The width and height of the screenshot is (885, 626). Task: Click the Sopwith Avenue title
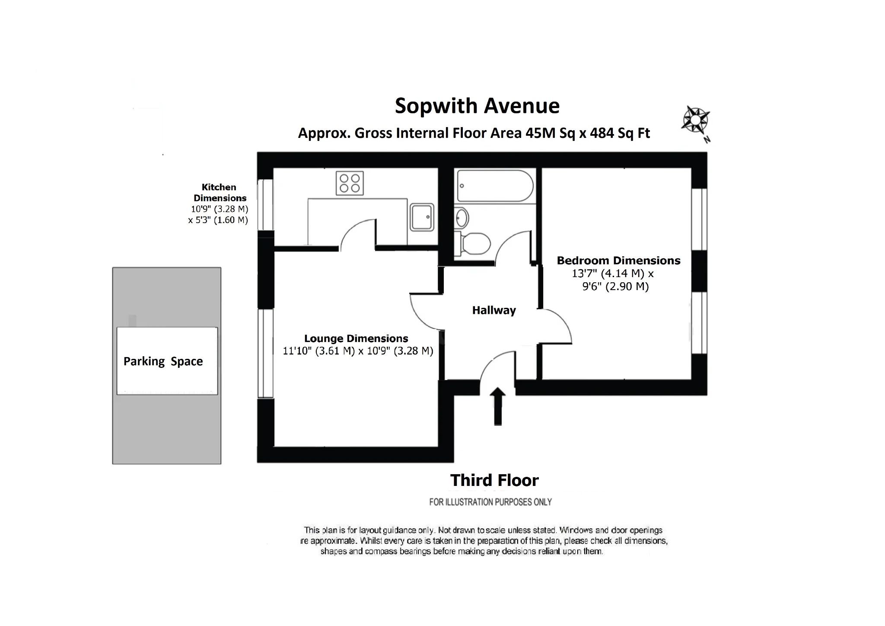pos(477,106)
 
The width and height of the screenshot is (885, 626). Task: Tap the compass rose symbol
pos(695,119)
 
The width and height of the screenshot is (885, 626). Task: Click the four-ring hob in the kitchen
pos(350,183)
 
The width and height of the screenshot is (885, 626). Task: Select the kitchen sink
pos(422,217)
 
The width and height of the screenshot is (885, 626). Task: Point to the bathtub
pos(495,186)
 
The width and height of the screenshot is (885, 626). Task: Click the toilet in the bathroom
pos(475,244)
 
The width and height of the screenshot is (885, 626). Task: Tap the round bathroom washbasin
pos(462,217)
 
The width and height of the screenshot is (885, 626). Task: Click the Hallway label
pos(493,310)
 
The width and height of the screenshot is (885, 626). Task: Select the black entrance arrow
pos(498,406)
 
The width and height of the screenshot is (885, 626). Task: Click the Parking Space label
pos(163,361)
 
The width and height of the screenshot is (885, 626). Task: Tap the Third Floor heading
pos(494,480)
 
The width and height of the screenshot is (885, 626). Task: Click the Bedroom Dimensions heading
pos(618,261)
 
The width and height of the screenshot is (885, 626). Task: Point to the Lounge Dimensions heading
pos(356,339)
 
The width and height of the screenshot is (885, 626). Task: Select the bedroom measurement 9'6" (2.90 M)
pos(615,287)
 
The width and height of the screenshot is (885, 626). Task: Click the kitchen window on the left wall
pos(265,204)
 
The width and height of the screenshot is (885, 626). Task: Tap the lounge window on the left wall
pos(265,353)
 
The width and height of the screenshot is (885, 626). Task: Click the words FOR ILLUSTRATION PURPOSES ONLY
pos(490,502)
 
